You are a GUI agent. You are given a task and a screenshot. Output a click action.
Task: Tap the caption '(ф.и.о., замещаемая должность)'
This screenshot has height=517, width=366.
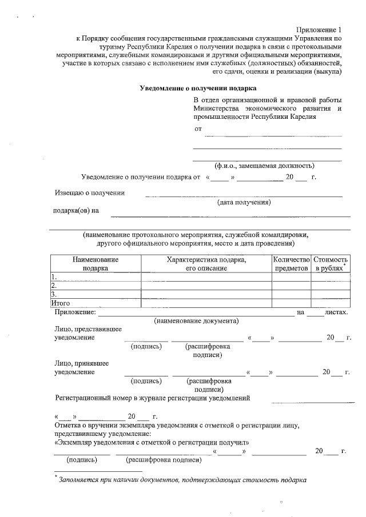pyautogui.click(x=264, y=166)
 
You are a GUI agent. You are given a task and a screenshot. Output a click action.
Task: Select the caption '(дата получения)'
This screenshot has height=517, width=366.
pyautogui.click(x=244, y=202)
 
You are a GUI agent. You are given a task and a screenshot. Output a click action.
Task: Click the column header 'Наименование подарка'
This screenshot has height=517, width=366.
pyautogui.click(x=96, y=264)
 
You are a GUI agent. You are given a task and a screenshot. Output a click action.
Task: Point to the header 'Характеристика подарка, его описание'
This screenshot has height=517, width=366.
pyautogui.click(x=206, y=264)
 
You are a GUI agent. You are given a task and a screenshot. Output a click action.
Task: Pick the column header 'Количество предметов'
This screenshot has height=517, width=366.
pyautogui.click(x=292, y=264)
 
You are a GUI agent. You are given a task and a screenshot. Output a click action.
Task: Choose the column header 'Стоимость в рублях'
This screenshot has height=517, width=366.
pyautogui.click(x=330, y=264)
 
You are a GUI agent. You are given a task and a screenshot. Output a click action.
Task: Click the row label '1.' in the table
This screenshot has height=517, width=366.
pyautogui.click(x=54, y=277)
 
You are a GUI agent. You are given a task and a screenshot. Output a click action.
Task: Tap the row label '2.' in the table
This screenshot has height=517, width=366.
pyautogui.click(x=54, y=286)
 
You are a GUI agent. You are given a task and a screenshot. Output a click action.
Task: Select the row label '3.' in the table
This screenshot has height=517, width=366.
pyautogui.click(x=54, y=294)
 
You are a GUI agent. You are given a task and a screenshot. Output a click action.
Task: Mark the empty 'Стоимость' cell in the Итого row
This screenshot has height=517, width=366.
pyautogui.click(x=330, y=303)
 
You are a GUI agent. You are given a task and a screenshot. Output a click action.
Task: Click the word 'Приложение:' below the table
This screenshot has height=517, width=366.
pyautogui.click(x=74, y=312)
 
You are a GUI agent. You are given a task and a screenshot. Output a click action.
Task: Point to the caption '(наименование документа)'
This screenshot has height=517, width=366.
pyautogui.click(x=196, y=321)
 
